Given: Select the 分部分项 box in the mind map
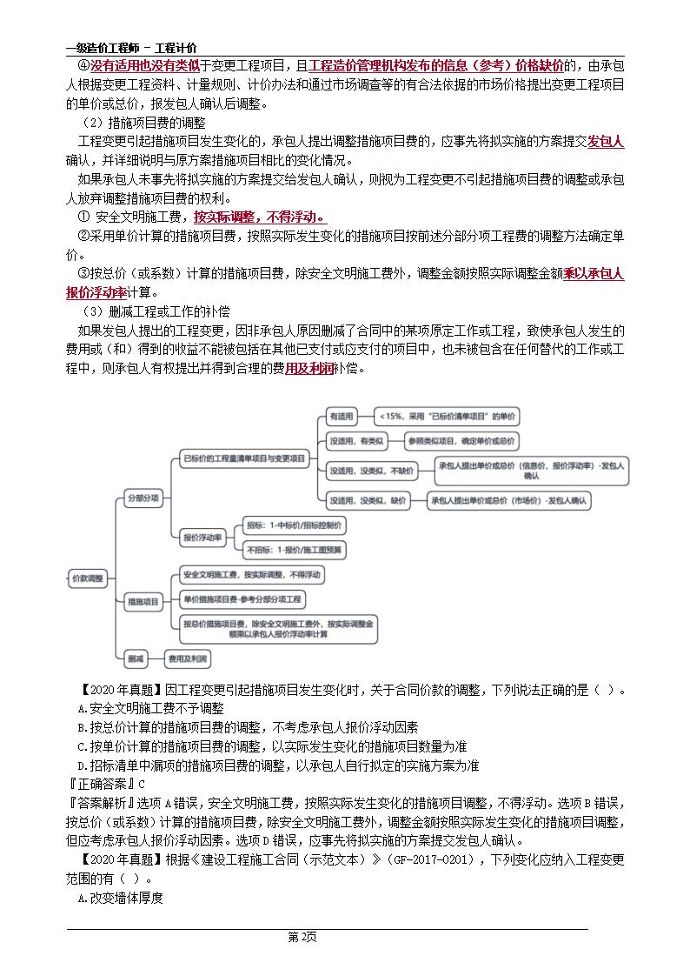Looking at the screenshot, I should pyautogui.click(x=143, y=498).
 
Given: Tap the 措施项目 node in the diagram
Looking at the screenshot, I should pyautogui.click(x=143, y=601).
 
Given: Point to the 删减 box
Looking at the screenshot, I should pyautogui.click(x=135, y=659).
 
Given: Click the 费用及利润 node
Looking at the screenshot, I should pyautogui.click(x=188, y=659).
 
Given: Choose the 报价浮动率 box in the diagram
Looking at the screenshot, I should pyautogui.click(x=202, y=538).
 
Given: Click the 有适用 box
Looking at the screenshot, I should pyautogui.click(x=339, y=417).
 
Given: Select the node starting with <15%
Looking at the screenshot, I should pyautogui.click(x=447, y=417).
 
